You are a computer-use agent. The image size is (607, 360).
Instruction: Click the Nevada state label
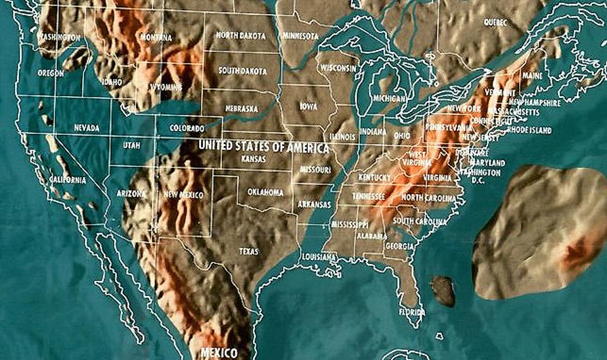click(x=87, y=128)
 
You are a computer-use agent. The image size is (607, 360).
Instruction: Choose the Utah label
click(x=132, y=145)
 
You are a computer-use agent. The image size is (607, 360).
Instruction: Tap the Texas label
click(x=248, y=251)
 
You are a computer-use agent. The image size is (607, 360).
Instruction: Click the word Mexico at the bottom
click(x=218, y=352)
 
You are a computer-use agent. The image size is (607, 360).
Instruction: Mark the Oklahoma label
click(x=266, y=192)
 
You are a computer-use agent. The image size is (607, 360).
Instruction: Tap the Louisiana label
click(x=318, y=257)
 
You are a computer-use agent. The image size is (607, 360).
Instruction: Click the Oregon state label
click(x=51, y=73)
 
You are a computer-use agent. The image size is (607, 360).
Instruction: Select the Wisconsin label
click(x=338, y=68)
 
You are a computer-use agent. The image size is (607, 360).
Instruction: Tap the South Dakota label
click(x=241, y=70)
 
